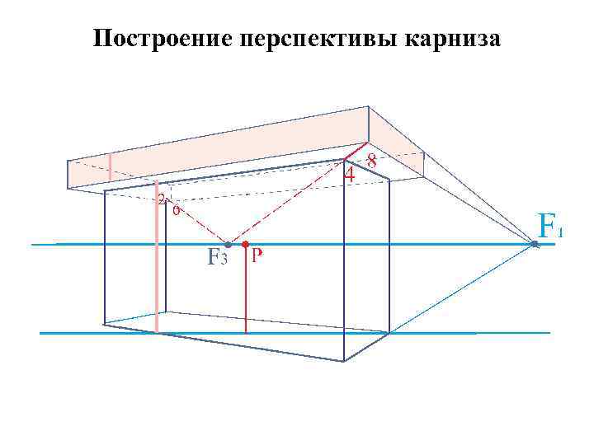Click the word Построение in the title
pyautogui.click(x=161, y=39)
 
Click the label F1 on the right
pyautogui.click(x=549, y=224)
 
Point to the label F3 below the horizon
pyautogui.click(x=216, y=258)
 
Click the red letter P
pyautogui.click(x=257, y=256)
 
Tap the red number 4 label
pyautogui.click(x=350, y=175)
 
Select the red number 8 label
pyautogui.click(x=372, y=162)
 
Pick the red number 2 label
pyautogui.click(x=162, y=199)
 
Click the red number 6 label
pyautogui.click(x=176, y=209)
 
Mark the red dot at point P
pyautogui.click(x=245, y=244)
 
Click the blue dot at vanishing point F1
pyautogui.click(x=534, y=243)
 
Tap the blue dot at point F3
pyautogui.click(x=229, y=245)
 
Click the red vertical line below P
pyautogui.click(x=245, y=288)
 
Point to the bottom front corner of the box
pyautogui.click(x=343, y=361)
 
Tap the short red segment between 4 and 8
pyautogui.click(x=355, y=153)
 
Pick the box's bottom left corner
pyautogui.click(x=105, y=325)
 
